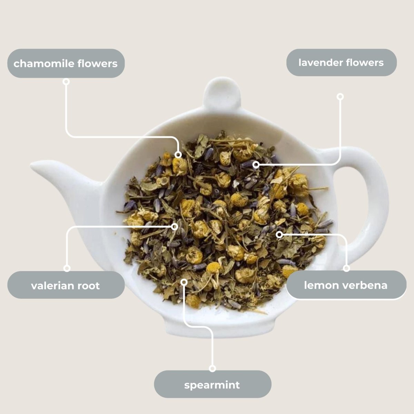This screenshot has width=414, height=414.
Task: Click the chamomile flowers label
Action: (66, 63)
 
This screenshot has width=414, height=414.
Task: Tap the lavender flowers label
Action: (342, 62)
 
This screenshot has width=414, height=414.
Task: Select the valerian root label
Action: (66, 285)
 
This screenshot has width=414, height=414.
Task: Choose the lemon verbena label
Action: (346, 285)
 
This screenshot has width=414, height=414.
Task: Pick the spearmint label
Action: (212, 384)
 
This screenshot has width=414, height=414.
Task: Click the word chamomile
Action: (44, 63)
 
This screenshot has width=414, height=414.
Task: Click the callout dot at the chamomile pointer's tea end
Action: (178, 155)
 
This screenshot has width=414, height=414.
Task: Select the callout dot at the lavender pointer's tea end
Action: (256, 165)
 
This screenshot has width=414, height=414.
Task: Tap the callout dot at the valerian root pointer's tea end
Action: (175, 226)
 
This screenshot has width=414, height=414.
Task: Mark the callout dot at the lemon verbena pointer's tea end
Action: (279, 235)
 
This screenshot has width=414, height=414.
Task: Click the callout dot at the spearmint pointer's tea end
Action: (184, 282)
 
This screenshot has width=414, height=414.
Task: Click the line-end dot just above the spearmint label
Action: (213, 368)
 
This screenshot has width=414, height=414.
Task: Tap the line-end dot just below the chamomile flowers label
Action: (66, 82)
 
